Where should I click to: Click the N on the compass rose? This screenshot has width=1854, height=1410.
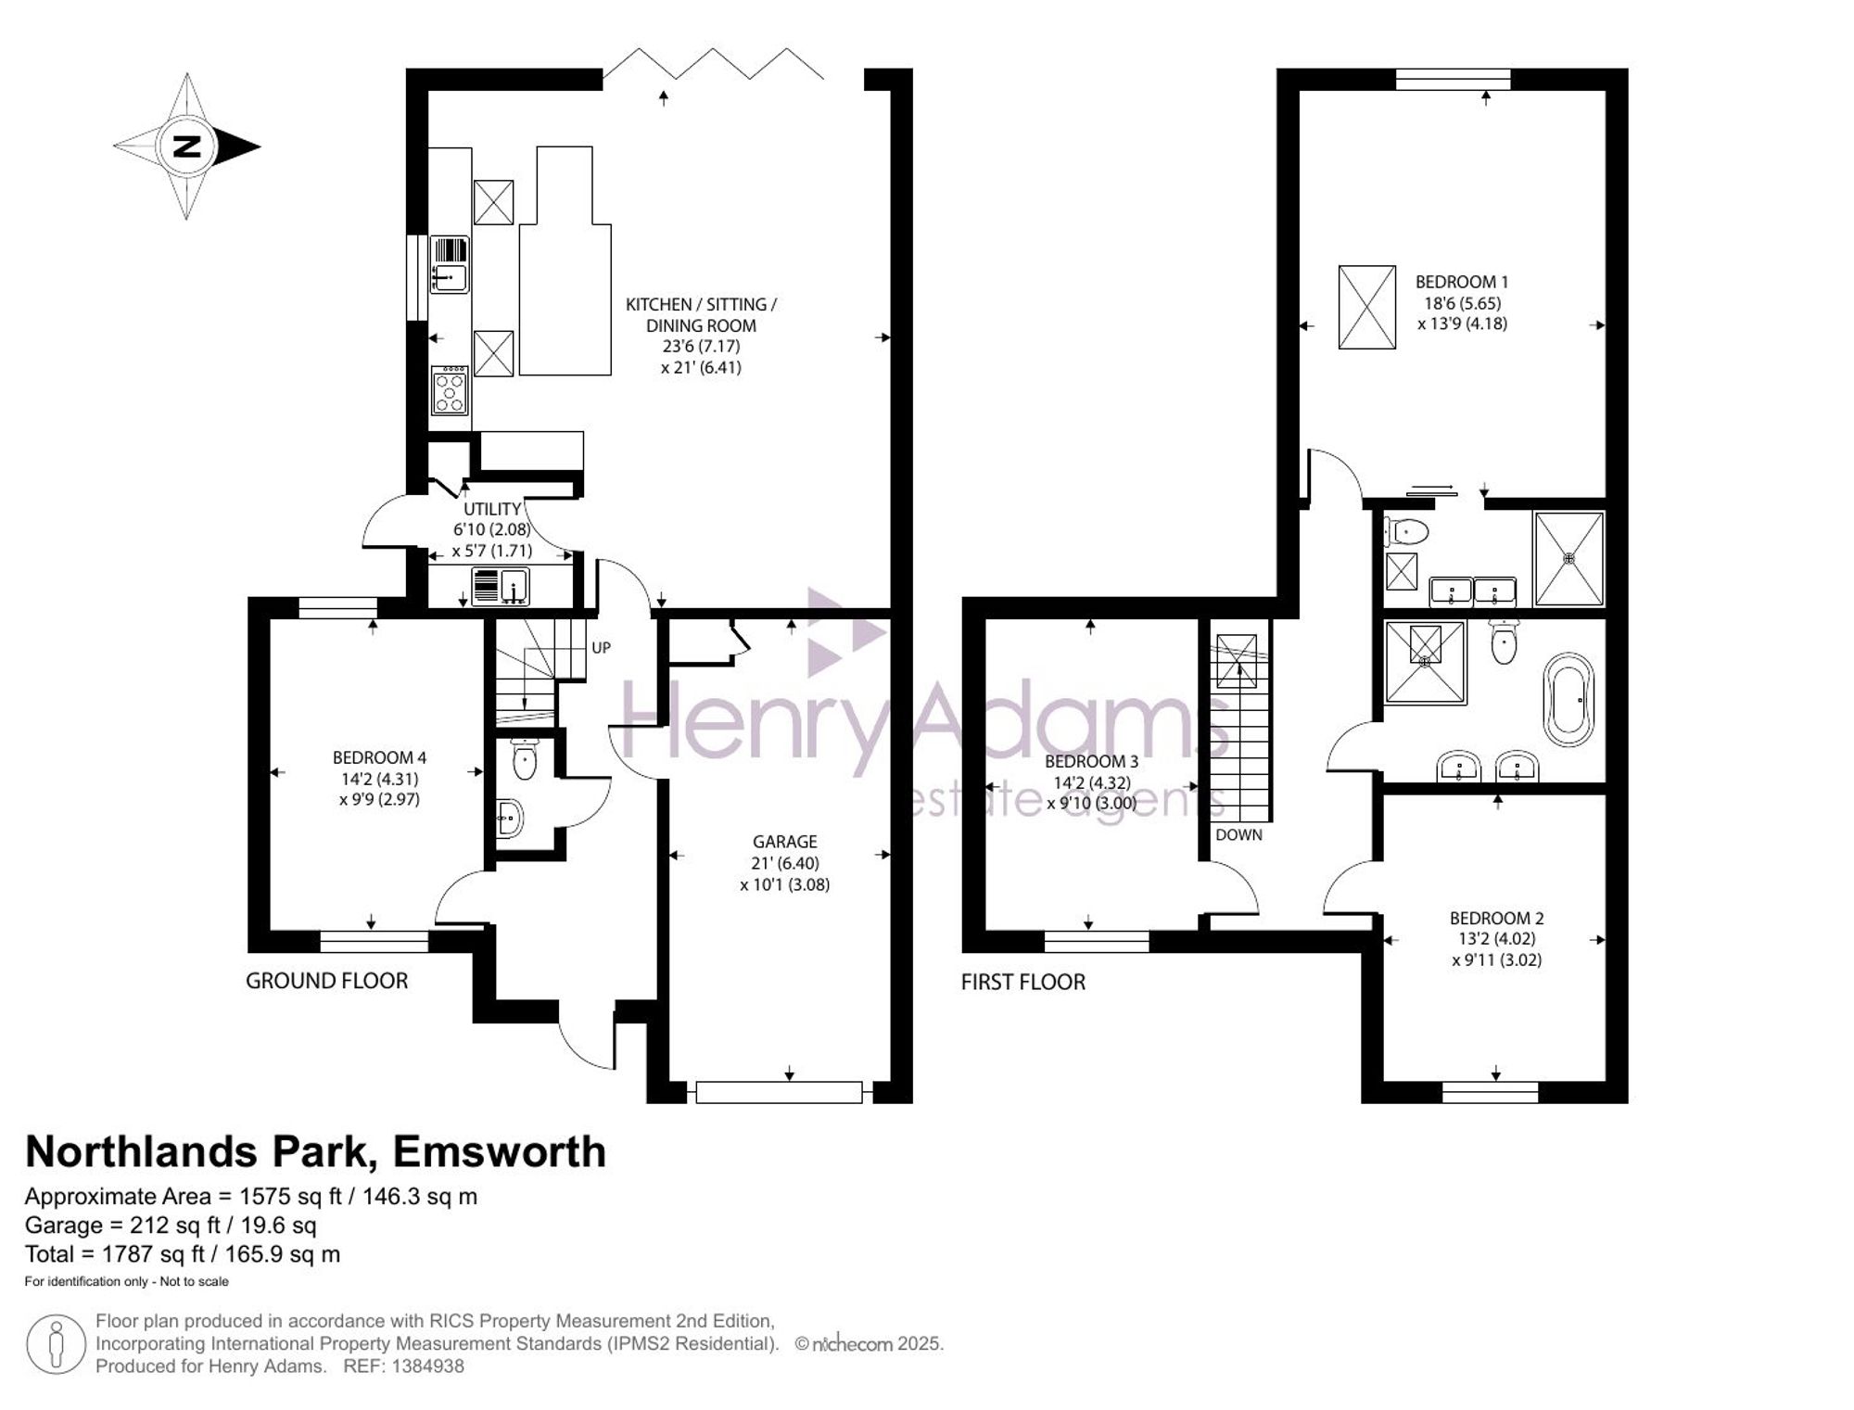pyautogui.click(x=187, y=146)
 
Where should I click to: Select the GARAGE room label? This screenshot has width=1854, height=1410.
pyautogui.click(x=784, y=842)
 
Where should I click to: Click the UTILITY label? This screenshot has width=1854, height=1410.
pyautogui.click(x=492, y=509)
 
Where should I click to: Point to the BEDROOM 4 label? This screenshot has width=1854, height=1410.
pyautogui.click(x=379, y=757)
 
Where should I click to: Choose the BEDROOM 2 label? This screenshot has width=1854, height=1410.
pyautogui.click(x=1497, y=918)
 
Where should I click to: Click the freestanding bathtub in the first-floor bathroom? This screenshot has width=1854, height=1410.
pyautogui.click(x=1568, y=700)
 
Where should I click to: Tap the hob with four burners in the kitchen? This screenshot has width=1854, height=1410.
pyautogui.click(x=451, y=390)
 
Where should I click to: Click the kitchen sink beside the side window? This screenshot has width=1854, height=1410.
pyautogui.click(x=450, y=264)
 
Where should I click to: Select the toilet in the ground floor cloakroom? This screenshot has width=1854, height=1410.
pyautogui.click(x=524, y=759)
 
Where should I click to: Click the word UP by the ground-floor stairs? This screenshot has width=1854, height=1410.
pyautogui.click(x=602, y=648)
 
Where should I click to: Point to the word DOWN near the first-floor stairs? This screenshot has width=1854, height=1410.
pyautogui.click(x=1238, y=834)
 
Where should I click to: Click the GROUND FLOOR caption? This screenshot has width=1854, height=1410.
pyautogui.click(x=326, y=981)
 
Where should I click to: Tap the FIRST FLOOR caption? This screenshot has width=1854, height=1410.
pyautogui.click(x=1022, y=982)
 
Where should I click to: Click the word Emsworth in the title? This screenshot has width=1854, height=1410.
pyautogui.click(x=500, y=1151)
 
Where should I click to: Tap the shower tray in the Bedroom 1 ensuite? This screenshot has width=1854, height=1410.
pyautogui.click(x=1568, y=558)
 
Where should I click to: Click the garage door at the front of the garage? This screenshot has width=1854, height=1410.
pyautogui.click(x=779, y=1092)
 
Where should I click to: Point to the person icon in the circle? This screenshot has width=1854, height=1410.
pyautogui.click(x=57, y=1344)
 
